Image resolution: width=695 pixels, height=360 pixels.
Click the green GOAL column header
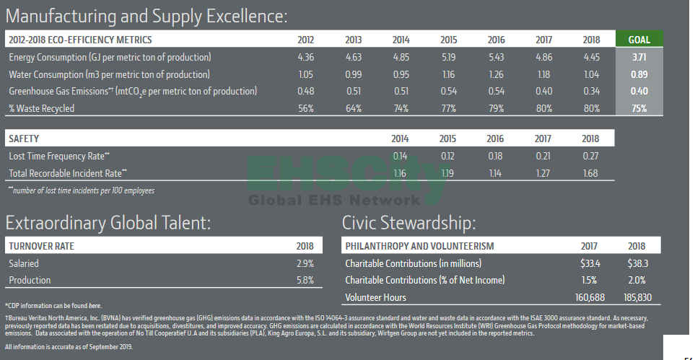click(x=639, y=40)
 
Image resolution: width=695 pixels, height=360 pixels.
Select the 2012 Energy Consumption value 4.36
click(x=305, y=57)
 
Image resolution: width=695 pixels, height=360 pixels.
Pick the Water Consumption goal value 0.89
click(x=639, y=74)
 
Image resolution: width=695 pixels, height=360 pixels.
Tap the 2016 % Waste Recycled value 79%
click(x=496, y=109)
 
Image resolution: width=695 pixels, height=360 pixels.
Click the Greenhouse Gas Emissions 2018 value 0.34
click(x=591, y=92)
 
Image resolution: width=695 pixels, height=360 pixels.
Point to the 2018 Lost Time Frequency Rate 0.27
click(x=591, y=156)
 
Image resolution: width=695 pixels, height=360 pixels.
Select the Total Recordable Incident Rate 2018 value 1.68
click(x=591, y=173)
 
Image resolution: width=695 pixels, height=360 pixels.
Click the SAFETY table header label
click(x=24, y=138)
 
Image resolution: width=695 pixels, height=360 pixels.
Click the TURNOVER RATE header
click(x=41, y=246)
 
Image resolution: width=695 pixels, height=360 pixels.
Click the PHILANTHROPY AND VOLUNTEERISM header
click(x=419, y=246)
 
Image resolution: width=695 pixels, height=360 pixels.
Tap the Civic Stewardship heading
click(x=408, y=223)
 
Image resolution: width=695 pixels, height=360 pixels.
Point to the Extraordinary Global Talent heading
click(x=108, y=223)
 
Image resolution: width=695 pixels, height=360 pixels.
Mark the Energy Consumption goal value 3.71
click(x=639, y=57)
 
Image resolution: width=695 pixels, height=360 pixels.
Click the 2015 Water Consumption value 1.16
click(x=448, y=74)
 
